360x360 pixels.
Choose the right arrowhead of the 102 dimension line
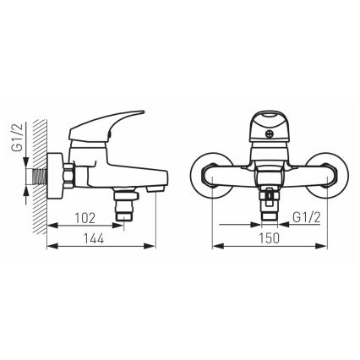click(x=123, y=226)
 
